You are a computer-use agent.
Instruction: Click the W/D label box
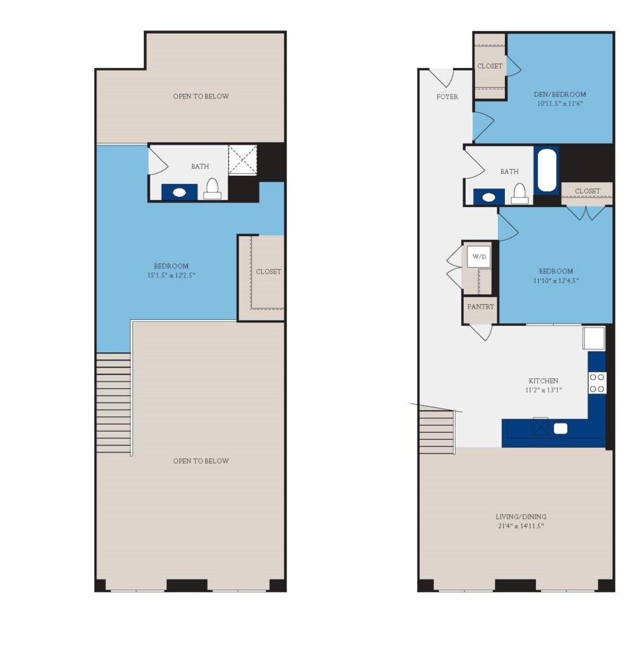(x=479, y=256)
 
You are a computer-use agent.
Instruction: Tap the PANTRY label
(x=480, y=306)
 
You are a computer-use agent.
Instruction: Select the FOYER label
(x=447, y=96)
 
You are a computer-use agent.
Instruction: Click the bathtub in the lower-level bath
(x=546, y=170)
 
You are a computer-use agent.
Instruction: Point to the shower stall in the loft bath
(x=242, y=161)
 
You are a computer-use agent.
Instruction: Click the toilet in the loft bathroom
(x=212, y=189)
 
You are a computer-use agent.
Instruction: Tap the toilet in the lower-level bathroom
(x=520, y=193)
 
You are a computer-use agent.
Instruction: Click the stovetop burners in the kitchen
(x=597, y=382)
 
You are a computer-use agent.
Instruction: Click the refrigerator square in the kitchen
(x=594, y=338)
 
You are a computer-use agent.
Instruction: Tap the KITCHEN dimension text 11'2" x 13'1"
(x=544, y=390)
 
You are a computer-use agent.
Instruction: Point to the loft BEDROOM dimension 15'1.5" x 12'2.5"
(x=171, y=275)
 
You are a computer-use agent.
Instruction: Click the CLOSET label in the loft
(x=268, y=271)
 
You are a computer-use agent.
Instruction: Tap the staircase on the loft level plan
(x=114, y=403)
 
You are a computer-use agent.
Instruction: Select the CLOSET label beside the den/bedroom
(x=490, y=66)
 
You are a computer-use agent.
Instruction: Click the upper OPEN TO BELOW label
(x=200, y=96)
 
